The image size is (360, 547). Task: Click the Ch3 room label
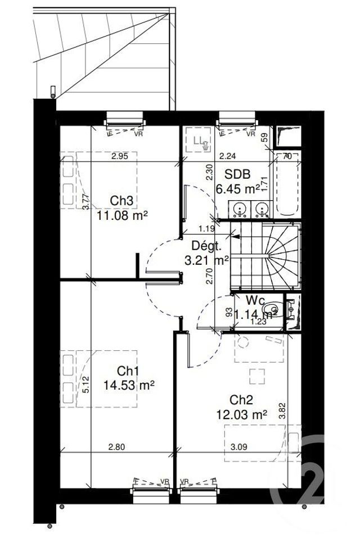point(121,201)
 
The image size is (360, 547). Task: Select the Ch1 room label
point(129,371)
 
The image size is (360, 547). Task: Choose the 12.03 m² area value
point(241,414)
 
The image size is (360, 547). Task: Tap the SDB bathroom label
point(237,174)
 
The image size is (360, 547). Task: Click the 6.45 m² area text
point(238,188)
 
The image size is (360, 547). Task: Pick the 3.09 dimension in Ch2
point(239,447)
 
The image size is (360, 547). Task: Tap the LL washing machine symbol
point(199,141)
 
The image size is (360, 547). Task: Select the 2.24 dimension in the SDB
point(227,157)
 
